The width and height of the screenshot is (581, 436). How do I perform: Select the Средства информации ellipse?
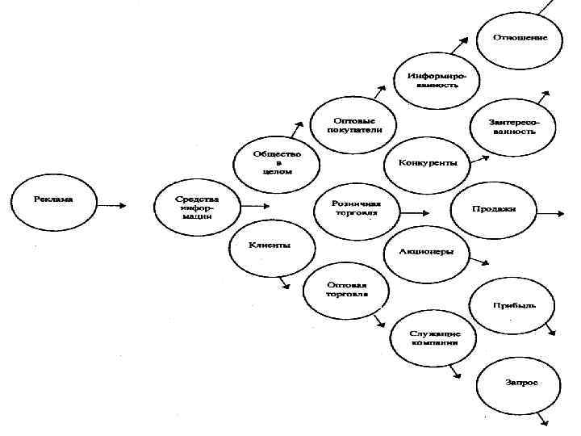point(197,207)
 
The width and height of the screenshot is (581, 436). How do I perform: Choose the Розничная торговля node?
point(355,208)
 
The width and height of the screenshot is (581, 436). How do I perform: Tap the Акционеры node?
point(426,251)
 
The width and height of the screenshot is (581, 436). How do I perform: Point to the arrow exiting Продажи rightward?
point(550,213)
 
